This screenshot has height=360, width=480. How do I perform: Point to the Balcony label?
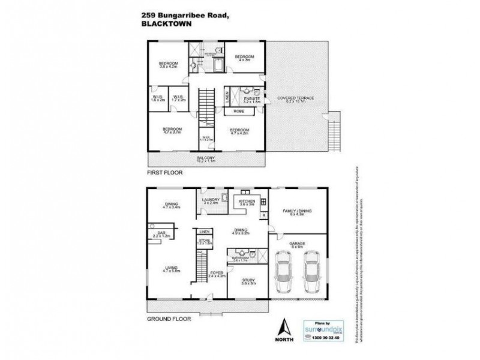[206, 159]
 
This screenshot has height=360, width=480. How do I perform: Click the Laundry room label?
[210, 202]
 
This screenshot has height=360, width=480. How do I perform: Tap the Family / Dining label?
[299, 211]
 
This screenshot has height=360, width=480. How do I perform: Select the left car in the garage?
[283, 272]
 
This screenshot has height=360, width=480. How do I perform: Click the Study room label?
[248, 281]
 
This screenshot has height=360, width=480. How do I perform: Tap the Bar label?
[161, 234]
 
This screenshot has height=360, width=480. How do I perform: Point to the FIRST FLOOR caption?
[164, 172]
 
